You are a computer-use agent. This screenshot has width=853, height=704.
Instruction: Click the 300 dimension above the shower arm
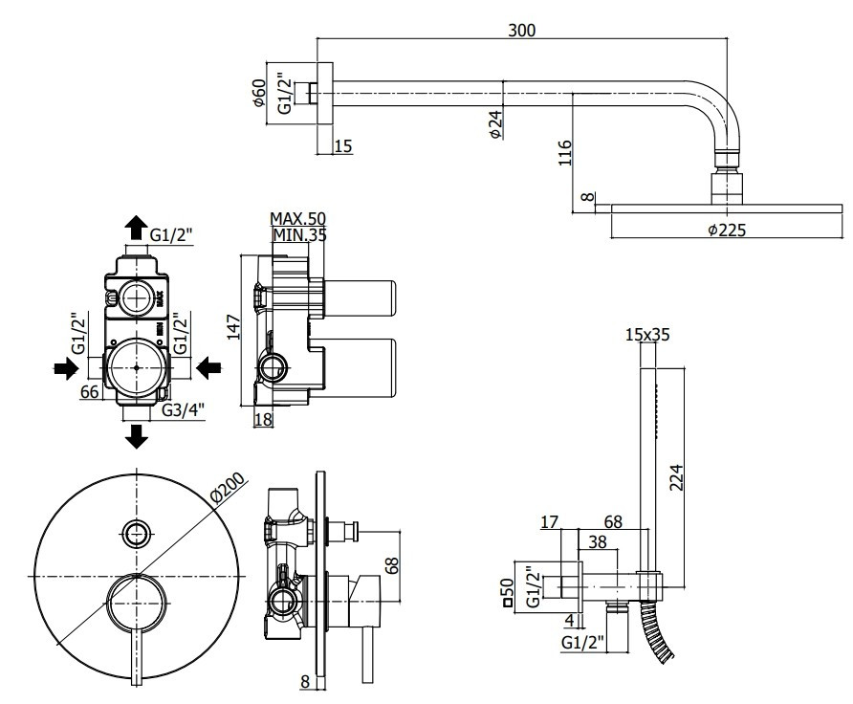click(x=522, y=30)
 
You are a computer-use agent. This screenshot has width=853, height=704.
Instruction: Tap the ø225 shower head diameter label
click(x=727, y=231)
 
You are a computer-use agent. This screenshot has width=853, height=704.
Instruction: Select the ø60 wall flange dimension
click(x=259, y=93)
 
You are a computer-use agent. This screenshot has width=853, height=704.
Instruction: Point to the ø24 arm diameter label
click(x=495, y=124)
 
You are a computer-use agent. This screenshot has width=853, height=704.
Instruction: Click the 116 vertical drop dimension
click(x=565, y=153)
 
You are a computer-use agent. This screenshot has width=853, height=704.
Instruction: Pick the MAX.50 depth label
click(x=297, y=218)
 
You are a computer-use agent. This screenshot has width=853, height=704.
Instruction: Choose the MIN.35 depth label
click(x=299, y=235)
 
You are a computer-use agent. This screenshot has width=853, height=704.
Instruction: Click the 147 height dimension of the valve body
click(x=233, y=326)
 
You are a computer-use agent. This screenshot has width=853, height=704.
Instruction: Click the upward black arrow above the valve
click(x=136, y=228)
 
